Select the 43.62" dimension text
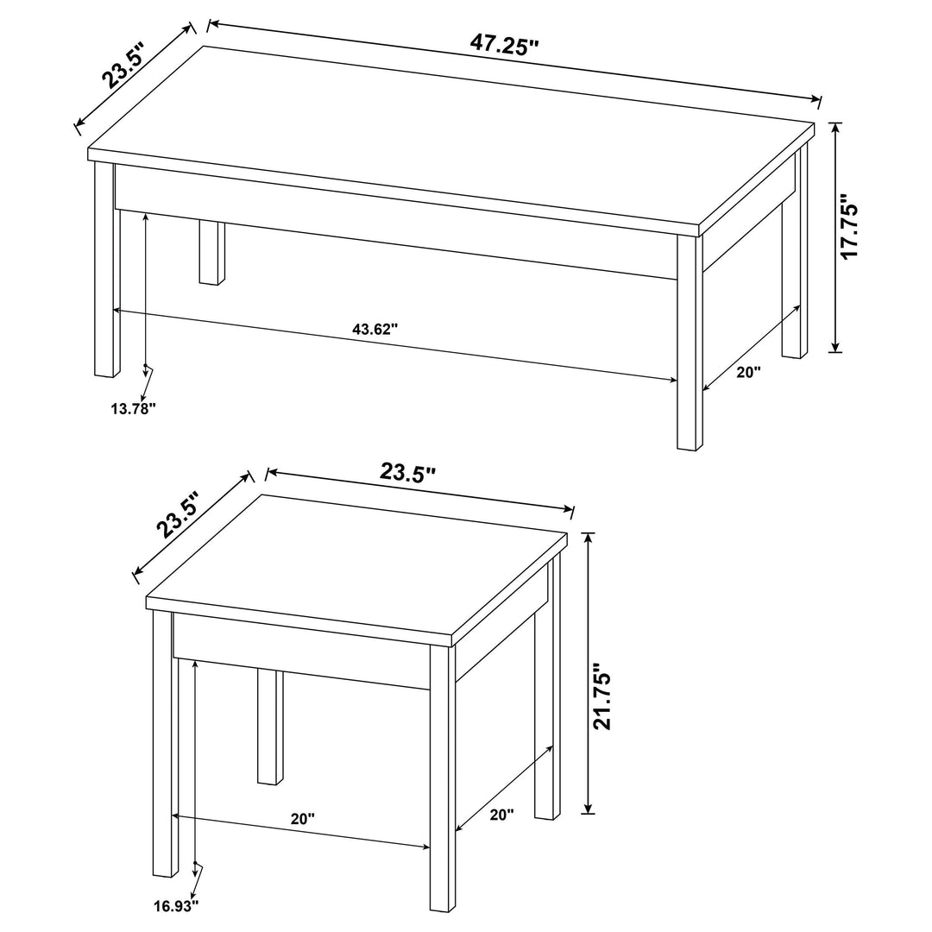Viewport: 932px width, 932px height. tap(375, 329)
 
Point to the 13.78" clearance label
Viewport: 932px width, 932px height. tap(132, 408)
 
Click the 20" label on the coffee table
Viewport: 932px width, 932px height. tap(748, 373)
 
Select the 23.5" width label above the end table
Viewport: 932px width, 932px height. tap(408, 472)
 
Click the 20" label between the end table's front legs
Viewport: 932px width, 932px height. tap(303, 819)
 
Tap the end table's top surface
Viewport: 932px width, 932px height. tap(354, 570)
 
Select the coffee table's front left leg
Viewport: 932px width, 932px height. tap(104, 276)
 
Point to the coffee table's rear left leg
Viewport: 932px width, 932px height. tap(211, 253)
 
